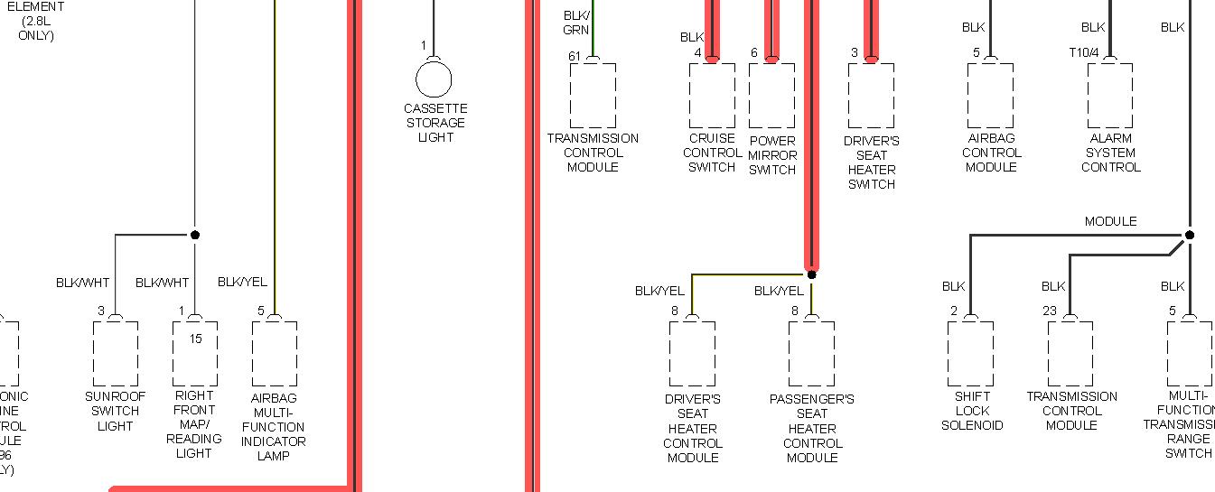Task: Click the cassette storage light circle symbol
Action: [434, 79]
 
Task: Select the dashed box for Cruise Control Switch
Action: [712, 96]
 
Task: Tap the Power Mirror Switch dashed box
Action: [771, 96]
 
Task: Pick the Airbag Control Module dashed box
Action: [990, 96]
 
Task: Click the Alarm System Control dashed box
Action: [1110, 96]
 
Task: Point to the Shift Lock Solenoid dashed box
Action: [971, 354]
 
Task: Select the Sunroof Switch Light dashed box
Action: [116, 354]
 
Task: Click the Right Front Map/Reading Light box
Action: [195, 354]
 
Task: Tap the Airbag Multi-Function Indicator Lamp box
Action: [275, 354]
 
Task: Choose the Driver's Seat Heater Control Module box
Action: [692, 354]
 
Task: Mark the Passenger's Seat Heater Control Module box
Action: [811, 354]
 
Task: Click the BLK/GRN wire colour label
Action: [576, 23]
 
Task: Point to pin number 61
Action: [575, 56]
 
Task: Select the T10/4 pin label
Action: [1084, 53]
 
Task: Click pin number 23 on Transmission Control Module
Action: [1049, 311]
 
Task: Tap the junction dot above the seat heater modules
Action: [811, 274]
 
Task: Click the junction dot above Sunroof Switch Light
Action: [194, 235]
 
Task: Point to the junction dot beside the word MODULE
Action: [1189, 235]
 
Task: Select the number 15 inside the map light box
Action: [196, 339]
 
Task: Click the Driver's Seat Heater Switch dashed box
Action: [871, 96]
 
